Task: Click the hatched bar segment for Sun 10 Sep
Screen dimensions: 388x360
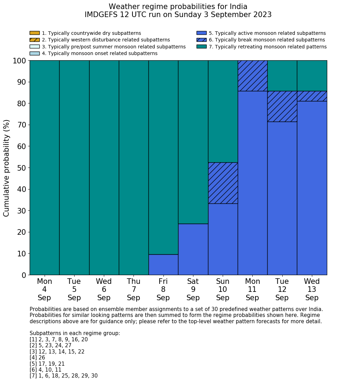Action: coord(223,183)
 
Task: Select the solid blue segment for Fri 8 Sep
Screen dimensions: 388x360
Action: coord(163,264)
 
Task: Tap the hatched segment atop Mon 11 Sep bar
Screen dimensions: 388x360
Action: coord(252,76)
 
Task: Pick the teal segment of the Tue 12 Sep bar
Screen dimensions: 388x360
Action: coord(282,76)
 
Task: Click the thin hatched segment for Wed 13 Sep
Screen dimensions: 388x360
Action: coord(312,96)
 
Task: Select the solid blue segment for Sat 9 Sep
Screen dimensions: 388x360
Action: coord(193,249)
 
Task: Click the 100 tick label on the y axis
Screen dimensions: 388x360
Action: coord(20,61)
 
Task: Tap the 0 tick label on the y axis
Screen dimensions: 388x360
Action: coord(24,275)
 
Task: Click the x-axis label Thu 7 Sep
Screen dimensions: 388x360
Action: coord(133,289)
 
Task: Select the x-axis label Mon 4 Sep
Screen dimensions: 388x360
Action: coord(44,289)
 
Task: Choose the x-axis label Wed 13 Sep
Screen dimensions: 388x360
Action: coord(312,289)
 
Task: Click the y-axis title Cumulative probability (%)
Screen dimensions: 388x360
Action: coord(7,168)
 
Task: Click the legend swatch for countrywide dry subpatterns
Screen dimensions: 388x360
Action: coord(35,33)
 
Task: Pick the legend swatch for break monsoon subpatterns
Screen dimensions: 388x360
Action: coord(201,40)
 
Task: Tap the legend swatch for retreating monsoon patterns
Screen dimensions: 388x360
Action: coord(201,47)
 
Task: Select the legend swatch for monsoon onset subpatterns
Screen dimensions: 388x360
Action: coord(35,53)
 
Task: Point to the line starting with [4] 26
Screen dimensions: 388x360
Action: coord(37,358)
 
